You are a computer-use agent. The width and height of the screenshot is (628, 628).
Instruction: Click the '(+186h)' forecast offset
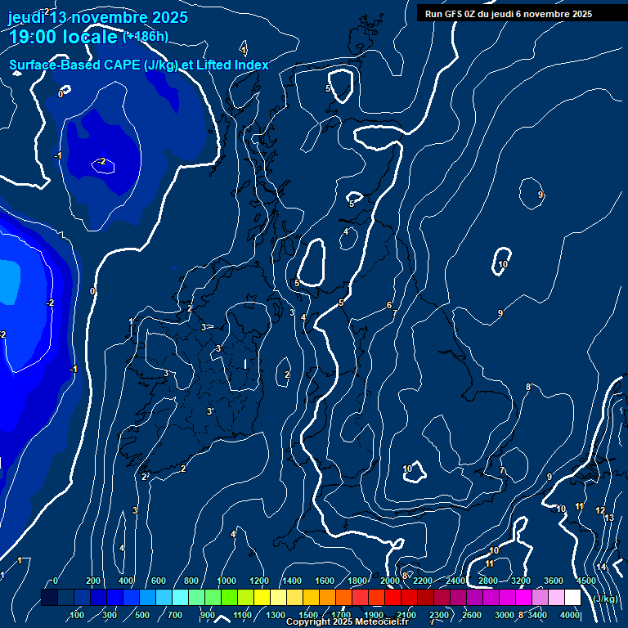[146, 37]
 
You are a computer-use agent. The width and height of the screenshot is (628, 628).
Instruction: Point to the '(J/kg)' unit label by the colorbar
[605, 599]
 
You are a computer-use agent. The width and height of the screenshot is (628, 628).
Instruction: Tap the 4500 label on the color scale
[585, 581]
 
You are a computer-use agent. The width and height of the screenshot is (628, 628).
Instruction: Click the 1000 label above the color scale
[227, 581]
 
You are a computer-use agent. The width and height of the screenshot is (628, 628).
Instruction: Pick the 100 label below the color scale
[78, 615]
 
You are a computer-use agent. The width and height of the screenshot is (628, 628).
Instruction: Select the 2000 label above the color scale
[390, 581]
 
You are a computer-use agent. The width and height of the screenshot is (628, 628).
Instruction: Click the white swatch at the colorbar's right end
[572, 598]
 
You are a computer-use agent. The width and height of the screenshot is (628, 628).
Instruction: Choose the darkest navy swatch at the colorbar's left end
[49, 598]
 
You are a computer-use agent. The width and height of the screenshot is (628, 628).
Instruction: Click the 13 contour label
[608, 518]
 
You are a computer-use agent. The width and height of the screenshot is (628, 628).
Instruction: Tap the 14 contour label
[601, 567]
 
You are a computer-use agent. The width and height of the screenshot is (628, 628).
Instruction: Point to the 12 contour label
[600, 510]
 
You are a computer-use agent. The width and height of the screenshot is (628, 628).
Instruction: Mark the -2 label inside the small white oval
[101, 162]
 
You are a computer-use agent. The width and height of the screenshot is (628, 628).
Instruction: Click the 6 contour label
[388, 305]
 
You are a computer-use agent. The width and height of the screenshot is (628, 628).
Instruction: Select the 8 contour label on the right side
[527, 387]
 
